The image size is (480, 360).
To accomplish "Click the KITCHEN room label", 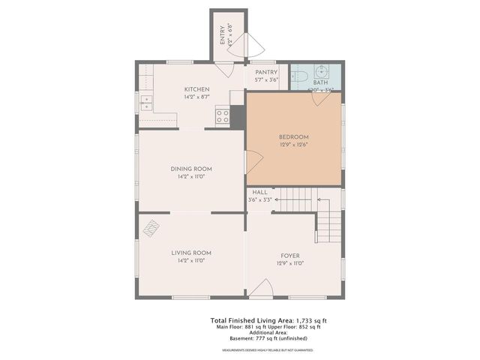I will click(x=196, y=89).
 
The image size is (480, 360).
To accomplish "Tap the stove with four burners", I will click(x=223, y=115).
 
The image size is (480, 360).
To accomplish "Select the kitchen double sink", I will click(x=145, y=103).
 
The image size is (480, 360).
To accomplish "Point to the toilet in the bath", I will click(x=298, y=76).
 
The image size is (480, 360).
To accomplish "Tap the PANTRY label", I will click(x=266, y=72).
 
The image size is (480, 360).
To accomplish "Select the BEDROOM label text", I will click(x=293, y=136).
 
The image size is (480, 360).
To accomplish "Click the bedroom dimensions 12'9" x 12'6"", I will click(x=293, y=145).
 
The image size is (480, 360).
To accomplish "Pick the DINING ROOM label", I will click(x=191, y=169).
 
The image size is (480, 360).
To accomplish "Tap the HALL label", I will click(x=259, y=193).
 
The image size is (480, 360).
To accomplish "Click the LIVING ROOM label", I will click(x=191, y=253).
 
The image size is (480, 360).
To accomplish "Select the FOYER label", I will click(x=289, y=256).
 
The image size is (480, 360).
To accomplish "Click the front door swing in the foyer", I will click(x=260, y=289).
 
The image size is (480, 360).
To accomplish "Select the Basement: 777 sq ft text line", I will click(x=267, y=338).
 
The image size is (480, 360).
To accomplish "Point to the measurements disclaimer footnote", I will click(x=267, y=350).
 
